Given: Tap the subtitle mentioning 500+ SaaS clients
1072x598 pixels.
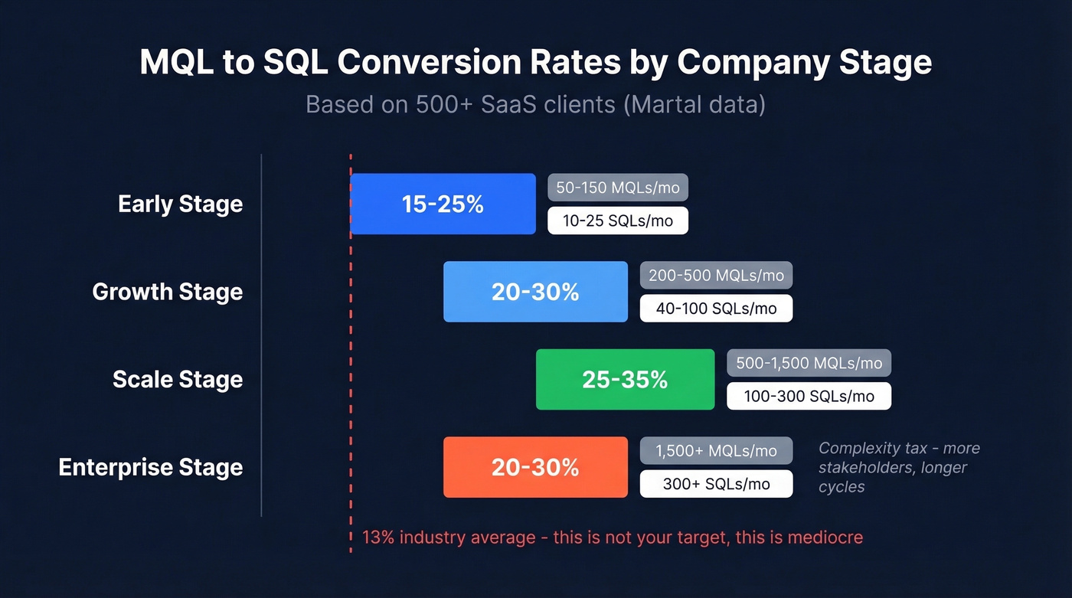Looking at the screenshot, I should click(x=535, y=104).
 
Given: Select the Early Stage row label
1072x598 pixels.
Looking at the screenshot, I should click(x=180, y=204).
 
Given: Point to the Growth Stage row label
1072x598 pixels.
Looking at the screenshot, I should click(x=167, y=292).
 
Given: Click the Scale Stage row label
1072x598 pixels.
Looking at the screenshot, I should click(x=177, y=380).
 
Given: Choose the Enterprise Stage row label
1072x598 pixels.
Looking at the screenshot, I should click(x=150, y=467).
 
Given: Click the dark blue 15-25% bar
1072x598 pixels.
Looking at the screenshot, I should click(x=443, y=204).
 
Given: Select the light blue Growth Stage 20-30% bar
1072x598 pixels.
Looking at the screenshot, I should click(x=535, y=292).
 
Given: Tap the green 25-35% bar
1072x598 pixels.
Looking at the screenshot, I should click(x=625, y=380).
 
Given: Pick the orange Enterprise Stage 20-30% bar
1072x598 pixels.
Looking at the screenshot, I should click(x=535, y=467).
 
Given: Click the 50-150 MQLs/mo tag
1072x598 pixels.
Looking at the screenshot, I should click(x=618, y=188).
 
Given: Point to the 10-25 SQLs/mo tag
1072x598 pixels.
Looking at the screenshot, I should click(x=618, y=221).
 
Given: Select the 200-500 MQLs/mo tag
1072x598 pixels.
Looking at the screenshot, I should click(x=716, y=275).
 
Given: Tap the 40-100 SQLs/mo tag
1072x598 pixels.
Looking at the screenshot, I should click(x=716, y=309).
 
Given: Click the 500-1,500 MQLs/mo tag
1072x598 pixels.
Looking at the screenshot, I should click(x=809, y=363).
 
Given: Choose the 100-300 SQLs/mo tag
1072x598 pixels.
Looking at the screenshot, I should click(x=809, y=396).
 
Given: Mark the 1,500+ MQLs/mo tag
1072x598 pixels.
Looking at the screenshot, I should click(x=716, y=451).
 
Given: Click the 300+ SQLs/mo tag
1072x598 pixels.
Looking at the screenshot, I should click(x=716, y=484).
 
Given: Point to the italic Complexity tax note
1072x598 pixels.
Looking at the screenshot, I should click(x=899, y=467).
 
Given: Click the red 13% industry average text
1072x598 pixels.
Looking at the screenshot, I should click(x=612, y=538).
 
